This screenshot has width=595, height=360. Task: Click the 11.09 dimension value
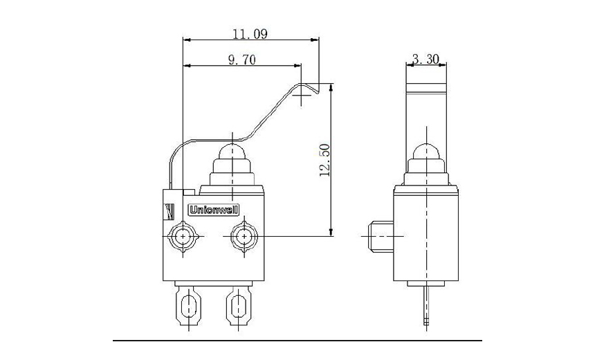(x=250, y=33)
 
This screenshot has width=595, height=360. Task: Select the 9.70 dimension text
(x=241, y=60)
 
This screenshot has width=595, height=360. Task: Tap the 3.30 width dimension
(x=425, y=60)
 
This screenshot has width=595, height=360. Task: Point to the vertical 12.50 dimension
(x=324, y=161)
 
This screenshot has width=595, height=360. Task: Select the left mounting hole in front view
(x=183, y=237)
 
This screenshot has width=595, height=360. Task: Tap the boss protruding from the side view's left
(x=377, y=237)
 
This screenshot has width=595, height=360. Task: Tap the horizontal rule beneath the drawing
(x=297, y=341)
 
